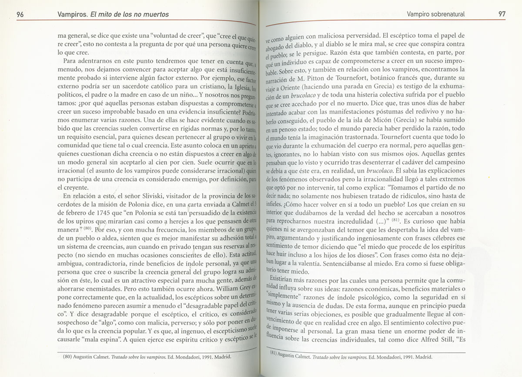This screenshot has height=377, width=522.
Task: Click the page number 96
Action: click(20, 14)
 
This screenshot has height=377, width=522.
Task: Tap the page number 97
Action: click(502, 14)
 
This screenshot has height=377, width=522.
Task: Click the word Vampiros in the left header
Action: click(71, 14)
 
